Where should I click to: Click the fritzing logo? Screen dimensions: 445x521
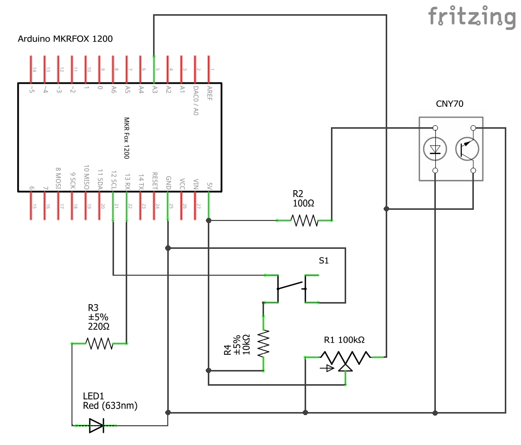[471, 16]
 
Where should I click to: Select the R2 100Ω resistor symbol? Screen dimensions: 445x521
[304, 220]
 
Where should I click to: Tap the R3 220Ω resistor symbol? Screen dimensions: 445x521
[99, 344]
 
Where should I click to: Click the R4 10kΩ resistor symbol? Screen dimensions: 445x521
[264, 344]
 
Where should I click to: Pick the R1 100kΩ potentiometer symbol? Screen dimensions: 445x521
[345, 359]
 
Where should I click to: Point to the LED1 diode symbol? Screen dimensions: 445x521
[96, 426]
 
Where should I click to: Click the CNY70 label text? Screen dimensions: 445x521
[450, 104]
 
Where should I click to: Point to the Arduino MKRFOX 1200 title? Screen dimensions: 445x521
[65, 39]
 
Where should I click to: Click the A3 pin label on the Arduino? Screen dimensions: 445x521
[155, 90]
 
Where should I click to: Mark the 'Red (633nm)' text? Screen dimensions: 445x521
[110, 405]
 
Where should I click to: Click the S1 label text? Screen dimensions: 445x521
[323, 261]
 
